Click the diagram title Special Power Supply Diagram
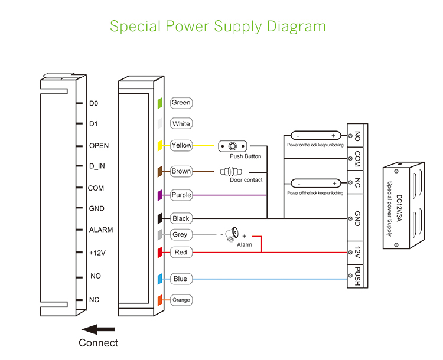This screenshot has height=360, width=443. tap(218, 27)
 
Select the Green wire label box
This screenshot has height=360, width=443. tap(181, 103)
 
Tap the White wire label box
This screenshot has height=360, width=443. tap(181, 124)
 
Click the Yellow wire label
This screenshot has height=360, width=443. tap(181, 145)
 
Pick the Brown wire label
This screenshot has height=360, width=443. tap(181, 171)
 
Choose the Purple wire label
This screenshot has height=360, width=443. tap(181, 195)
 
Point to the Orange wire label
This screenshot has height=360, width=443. tap(181, 300)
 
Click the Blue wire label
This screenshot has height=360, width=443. tap(180, 279)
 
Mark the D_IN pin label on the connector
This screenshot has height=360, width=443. tap(97, 166)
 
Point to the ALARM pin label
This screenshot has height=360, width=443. tap(100, 230)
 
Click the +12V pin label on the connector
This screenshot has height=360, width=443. tap(97, 253)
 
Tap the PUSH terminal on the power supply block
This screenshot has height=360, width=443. tap(357, 276)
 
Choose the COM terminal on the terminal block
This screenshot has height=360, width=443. tap(357, 158)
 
